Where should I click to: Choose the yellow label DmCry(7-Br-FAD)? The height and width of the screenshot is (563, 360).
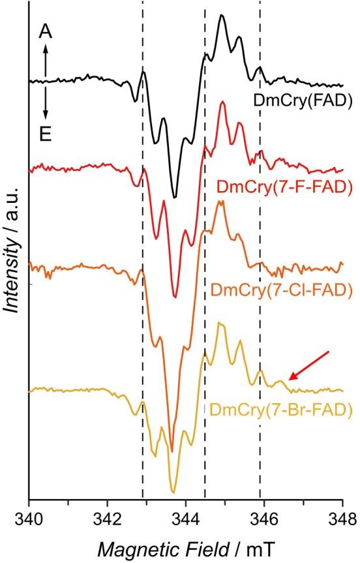tap(281, 410)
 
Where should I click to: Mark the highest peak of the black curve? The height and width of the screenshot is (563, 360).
tap(222, 16)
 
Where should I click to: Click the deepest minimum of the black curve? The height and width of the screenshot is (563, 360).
tap(175, 196)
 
